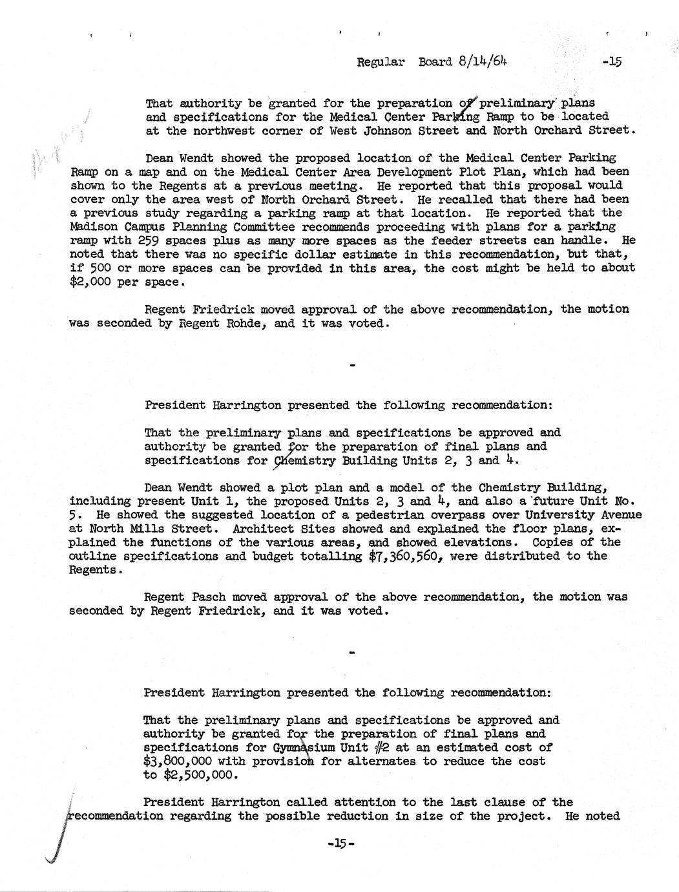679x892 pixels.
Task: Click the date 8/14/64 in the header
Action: click(481, 62)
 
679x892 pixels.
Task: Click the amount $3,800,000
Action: click(178, 761)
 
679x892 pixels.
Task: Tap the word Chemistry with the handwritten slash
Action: click(304, 461)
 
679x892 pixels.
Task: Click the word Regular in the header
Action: click(381, 62)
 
